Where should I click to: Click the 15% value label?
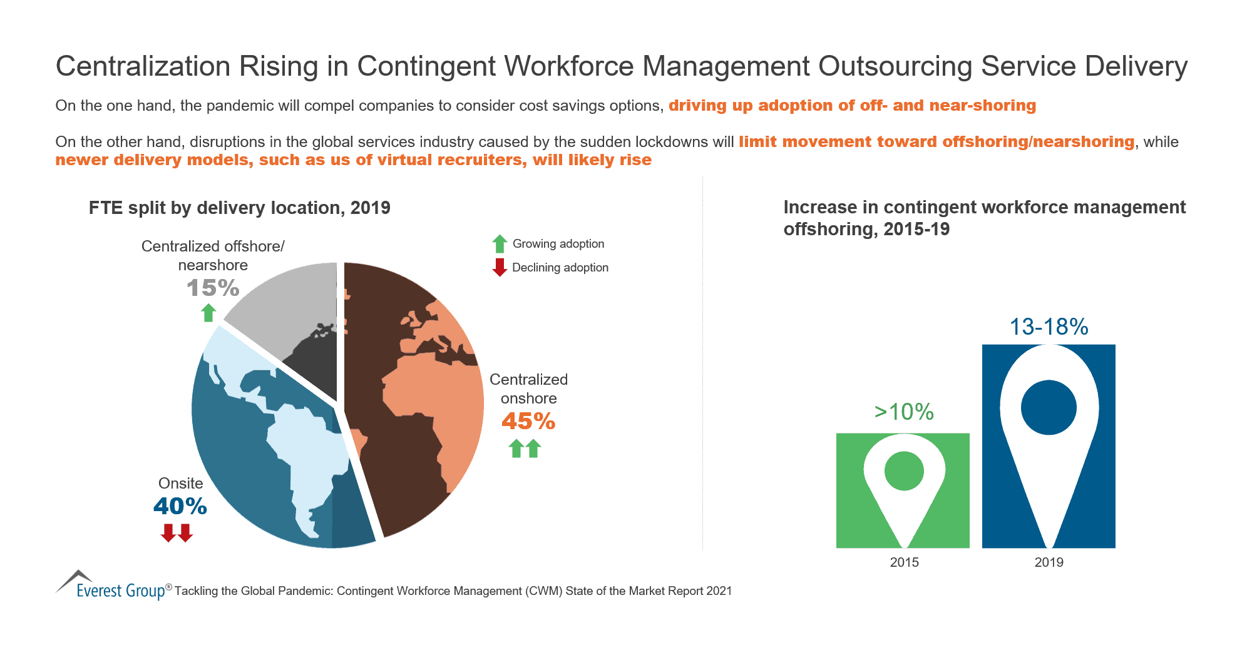213,288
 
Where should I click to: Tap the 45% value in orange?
528,422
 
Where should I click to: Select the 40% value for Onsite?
180,506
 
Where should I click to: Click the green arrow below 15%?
208,312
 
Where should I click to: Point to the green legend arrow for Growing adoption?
500,244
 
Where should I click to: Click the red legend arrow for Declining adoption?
500,267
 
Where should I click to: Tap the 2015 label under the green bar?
904,562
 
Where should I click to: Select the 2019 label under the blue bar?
1049,562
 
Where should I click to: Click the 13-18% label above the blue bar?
1049,327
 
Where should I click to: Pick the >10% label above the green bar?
904,412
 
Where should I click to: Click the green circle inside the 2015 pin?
904,471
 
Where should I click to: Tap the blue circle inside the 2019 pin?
1049,407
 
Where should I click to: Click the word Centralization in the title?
143,66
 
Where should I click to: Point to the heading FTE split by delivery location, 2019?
239,208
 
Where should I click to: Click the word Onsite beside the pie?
180,484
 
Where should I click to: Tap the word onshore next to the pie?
528,399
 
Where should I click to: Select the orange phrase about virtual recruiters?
354,160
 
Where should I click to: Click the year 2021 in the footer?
719,591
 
